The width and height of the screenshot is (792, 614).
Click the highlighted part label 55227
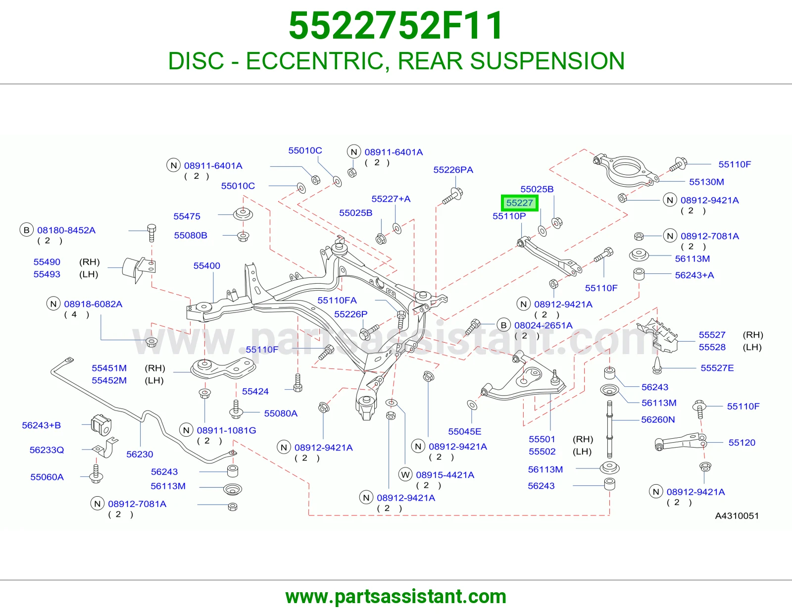[x=519, y=203]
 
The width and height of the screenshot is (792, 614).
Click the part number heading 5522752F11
[x=396, y=26]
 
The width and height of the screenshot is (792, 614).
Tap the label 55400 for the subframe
[x=206, y=265]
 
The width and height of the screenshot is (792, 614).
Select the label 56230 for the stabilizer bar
[x=140, y=454]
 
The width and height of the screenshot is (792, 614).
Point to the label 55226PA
[x=453, y=169]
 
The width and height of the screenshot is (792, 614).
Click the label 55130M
[x=706, y=182]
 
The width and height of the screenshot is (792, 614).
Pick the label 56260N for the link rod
[x=658, y=419]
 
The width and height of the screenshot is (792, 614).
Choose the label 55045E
[x=465, y=431]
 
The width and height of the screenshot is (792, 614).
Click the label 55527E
[x=717, y=368]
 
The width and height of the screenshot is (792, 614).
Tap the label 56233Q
[x=47, y=450]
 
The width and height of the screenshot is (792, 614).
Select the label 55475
[x=187, y=216]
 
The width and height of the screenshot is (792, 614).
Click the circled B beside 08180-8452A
[x=26, y=230]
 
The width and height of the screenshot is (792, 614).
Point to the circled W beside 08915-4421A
[x=405, y=475]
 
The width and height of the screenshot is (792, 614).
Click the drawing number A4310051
[x=737, y=515]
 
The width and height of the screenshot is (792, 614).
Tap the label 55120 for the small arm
[x=742, y=442]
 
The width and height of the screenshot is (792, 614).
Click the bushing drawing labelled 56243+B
[x=101, y=425]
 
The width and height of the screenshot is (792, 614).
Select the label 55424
[x=255, y=391]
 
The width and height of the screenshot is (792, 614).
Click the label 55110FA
[x=337, y=300]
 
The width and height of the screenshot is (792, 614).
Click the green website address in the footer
[x=396, y=597]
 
